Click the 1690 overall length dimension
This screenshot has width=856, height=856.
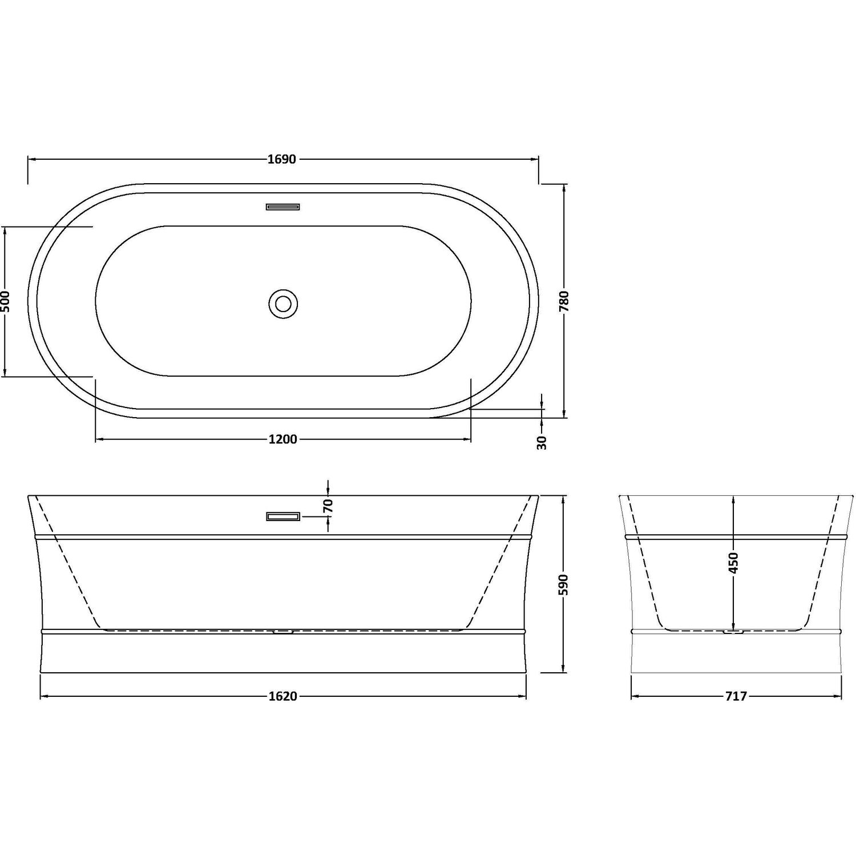click(282, 160)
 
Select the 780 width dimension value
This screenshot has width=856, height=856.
click(564, 301)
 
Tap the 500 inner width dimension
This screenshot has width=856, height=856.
click(5, 301)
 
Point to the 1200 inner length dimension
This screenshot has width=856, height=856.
click(282, 439)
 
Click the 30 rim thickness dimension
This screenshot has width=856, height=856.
click(542, 442)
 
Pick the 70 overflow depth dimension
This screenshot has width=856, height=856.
click(328, 506)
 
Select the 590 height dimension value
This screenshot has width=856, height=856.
click(564, 585)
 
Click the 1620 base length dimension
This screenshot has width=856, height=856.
click(282, 696)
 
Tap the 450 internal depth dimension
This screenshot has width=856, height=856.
click(734, 563)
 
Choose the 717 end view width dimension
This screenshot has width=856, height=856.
click(736, 696)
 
